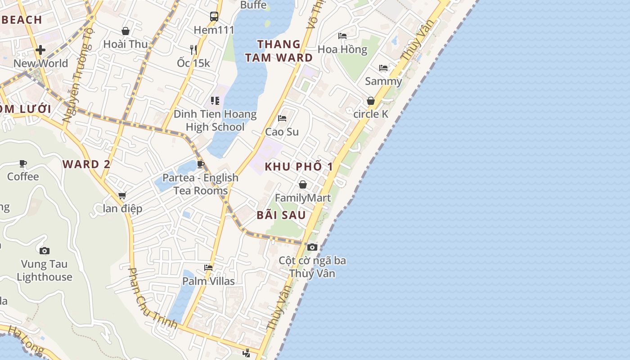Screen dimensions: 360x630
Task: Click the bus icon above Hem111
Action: (214, 17)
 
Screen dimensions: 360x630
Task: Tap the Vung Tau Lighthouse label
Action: (44, 270)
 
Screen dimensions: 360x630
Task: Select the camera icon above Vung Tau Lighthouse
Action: (44, 251)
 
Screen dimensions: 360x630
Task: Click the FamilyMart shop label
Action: (302, 198)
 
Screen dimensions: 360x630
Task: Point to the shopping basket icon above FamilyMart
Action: (303, 184)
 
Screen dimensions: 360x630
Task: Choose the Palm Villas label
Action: (208, 281)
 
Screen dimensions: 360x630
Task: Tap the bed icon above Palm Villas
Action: (208, 267)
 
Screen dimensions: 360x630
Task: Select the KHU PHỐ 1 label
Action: (299, 166)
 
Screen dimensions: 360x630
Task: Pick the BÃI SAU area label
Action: (281, 215)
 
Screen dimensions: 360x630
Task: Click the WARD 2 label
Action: (86, 164)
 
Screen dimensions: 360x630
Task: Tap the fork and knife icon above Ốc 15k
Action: (193, 49)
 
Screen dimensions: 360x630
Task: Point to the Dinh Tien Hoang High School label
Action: (215, 121)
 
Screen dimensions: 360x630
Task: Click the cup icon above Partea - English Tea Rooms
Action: (201, 164)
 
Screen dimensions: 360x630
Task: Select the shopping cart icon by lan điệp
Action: (122, 196)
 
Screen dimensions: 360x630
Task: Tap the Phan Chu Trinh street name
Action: (152, 298)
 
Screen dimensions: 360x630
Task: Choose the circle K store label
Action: (370, 114)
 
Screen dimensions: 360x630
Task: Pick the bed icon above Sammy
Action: (383, 68)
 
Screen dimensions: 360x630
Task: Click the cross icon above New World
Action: (40, 49)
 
